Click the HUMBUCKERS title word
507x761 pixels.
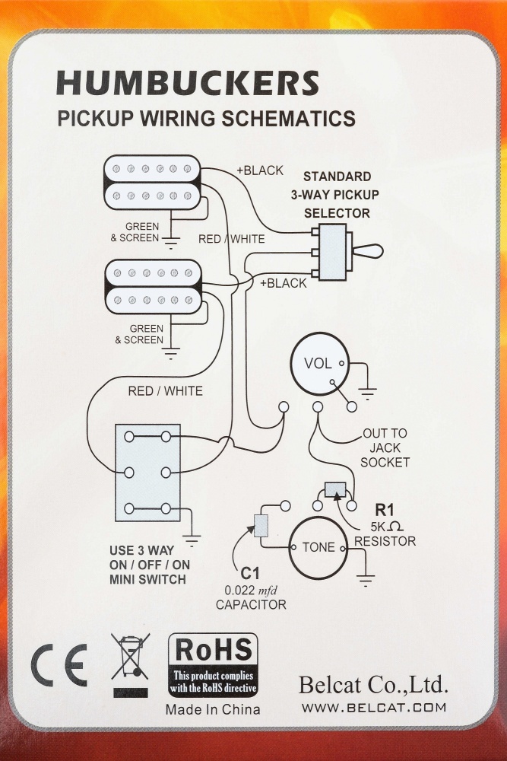click(187, 82)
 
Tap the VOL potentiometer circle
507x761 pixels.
click(318, 363)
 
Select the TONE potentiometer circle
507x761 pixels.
click(318, 548)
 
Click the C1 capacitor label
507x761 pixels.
click(250, 573)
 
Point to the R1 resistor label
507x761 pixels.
click(385, 511)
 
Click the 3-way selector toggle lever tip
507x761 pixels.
click(375, 251)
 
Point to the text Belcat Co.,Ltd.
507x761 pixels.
click(373, 685)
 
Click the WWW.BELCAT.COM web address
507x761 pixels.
click(373, 708)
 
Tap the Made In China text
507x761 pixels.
click(213, 709)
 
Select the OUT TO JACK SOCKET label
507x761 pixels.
click(385, 447)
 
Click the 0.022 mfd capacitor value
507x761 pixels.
click(251, 590)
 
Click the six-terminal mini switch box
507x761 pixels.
click(147, 473)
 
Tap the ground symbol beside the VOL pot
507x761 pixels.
click(367, 392)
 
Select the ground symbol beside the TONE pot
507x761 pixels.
click(366, 580)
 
